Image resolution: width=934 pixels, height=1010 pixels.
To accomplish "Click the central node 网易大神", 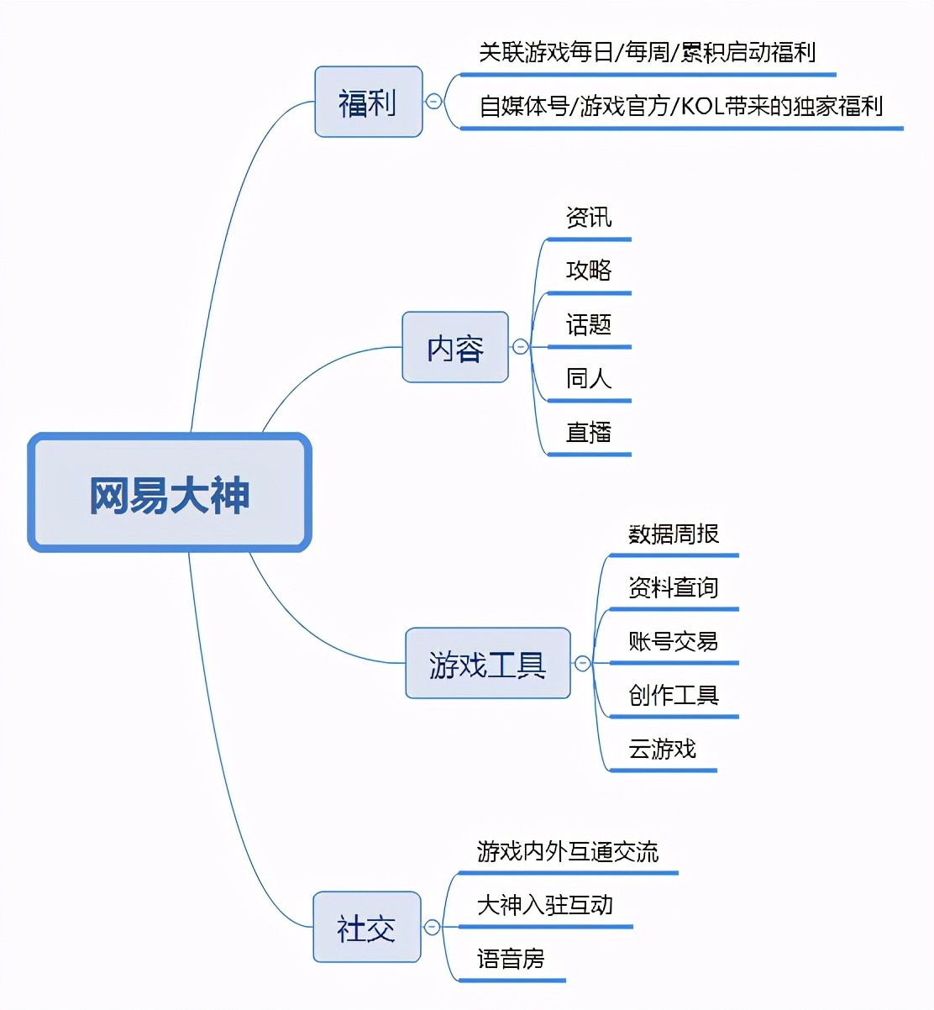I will tap(170, 493).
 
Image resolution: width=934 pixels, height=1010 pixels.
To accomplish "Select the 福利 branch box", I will tap(368, 102).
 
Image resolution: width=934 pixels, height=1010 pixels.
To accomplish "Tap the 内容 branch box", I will tap(455, 347).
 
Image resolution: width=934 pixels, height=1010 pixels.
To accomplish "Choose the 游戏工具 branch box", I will tap(487, 663).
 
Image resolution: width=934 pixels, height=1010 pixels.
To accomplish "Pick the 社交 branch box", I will tap(366, 927).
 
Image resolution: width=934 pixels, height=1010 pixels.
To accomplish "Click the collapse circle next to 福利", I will tap(433, 102).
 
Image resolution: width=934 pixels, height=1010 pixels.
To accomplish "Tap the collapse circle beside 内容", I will tap(520, 346).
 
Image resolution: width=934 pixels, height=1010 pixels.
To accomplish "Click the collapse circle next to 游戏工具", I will tap(582, 663).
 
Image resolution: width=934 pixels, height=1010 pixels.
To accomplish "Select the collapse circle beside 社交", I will tap(432, 927).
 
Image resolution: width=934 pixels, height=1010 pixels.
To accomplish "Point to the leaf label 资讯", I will tap(589, 218).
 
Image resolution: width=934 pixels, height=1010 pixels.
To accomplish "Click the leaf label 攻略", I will tap(589, 271).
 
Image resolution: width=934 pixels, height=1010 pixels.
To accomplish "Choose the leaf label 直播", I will tap(589, 433).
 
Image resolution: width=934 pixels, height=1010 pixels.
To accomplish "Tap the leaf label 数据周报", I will tap(674, 534).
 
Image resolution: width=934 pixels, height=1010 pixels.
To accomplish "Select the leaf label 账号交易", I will tap(674, 642).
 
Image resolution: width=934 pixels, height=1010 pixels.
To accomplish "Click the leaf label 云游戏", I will tap(663, 749).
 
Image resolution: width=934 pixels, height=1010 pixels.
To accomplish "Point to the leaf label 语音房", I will tap(511, 959).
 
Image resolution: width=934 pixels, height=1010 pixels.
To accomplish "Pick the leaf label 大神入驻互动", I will tap(545, 905).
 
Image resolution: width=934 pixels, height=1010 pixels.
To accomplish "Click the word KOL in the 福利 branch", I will tap(701, 107).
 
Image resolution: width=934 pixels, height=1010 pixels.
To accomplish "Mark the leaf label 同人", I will tap(589, 379).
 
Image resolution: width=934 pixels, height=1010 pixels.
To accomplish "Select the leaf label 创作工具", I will tap(674, 696).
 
